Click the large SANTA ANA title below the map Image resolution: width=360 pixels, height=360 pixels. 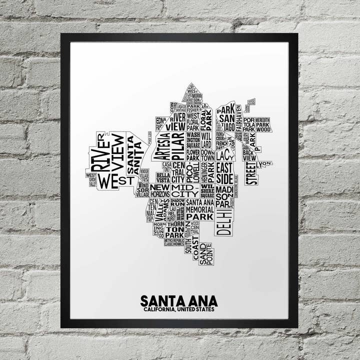tap(179, 301)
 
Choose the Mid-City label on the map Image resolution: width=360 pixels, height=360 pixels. tap(185, 191)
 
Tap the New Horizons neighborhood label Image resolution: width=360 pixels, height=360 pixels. tap(159, 190)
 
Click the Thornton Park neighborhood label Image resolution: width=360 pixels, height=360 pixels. tap(175, 230)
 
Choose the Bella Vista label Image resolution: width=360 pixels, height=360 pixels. tap(163, 178)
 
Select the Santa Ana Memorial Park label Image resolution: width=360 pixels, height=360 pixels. tap(200, 209)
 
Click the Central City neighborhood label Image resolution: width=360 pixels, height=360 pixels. tap(178, 172)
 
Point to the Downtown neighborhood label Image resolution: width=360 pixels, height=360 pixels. tap(207, 155)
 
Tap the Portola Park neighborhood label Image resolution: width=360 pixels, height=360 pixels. tap(249, 124)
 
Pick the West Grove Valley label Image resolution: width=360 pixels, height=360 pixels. tap(91, 179)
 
